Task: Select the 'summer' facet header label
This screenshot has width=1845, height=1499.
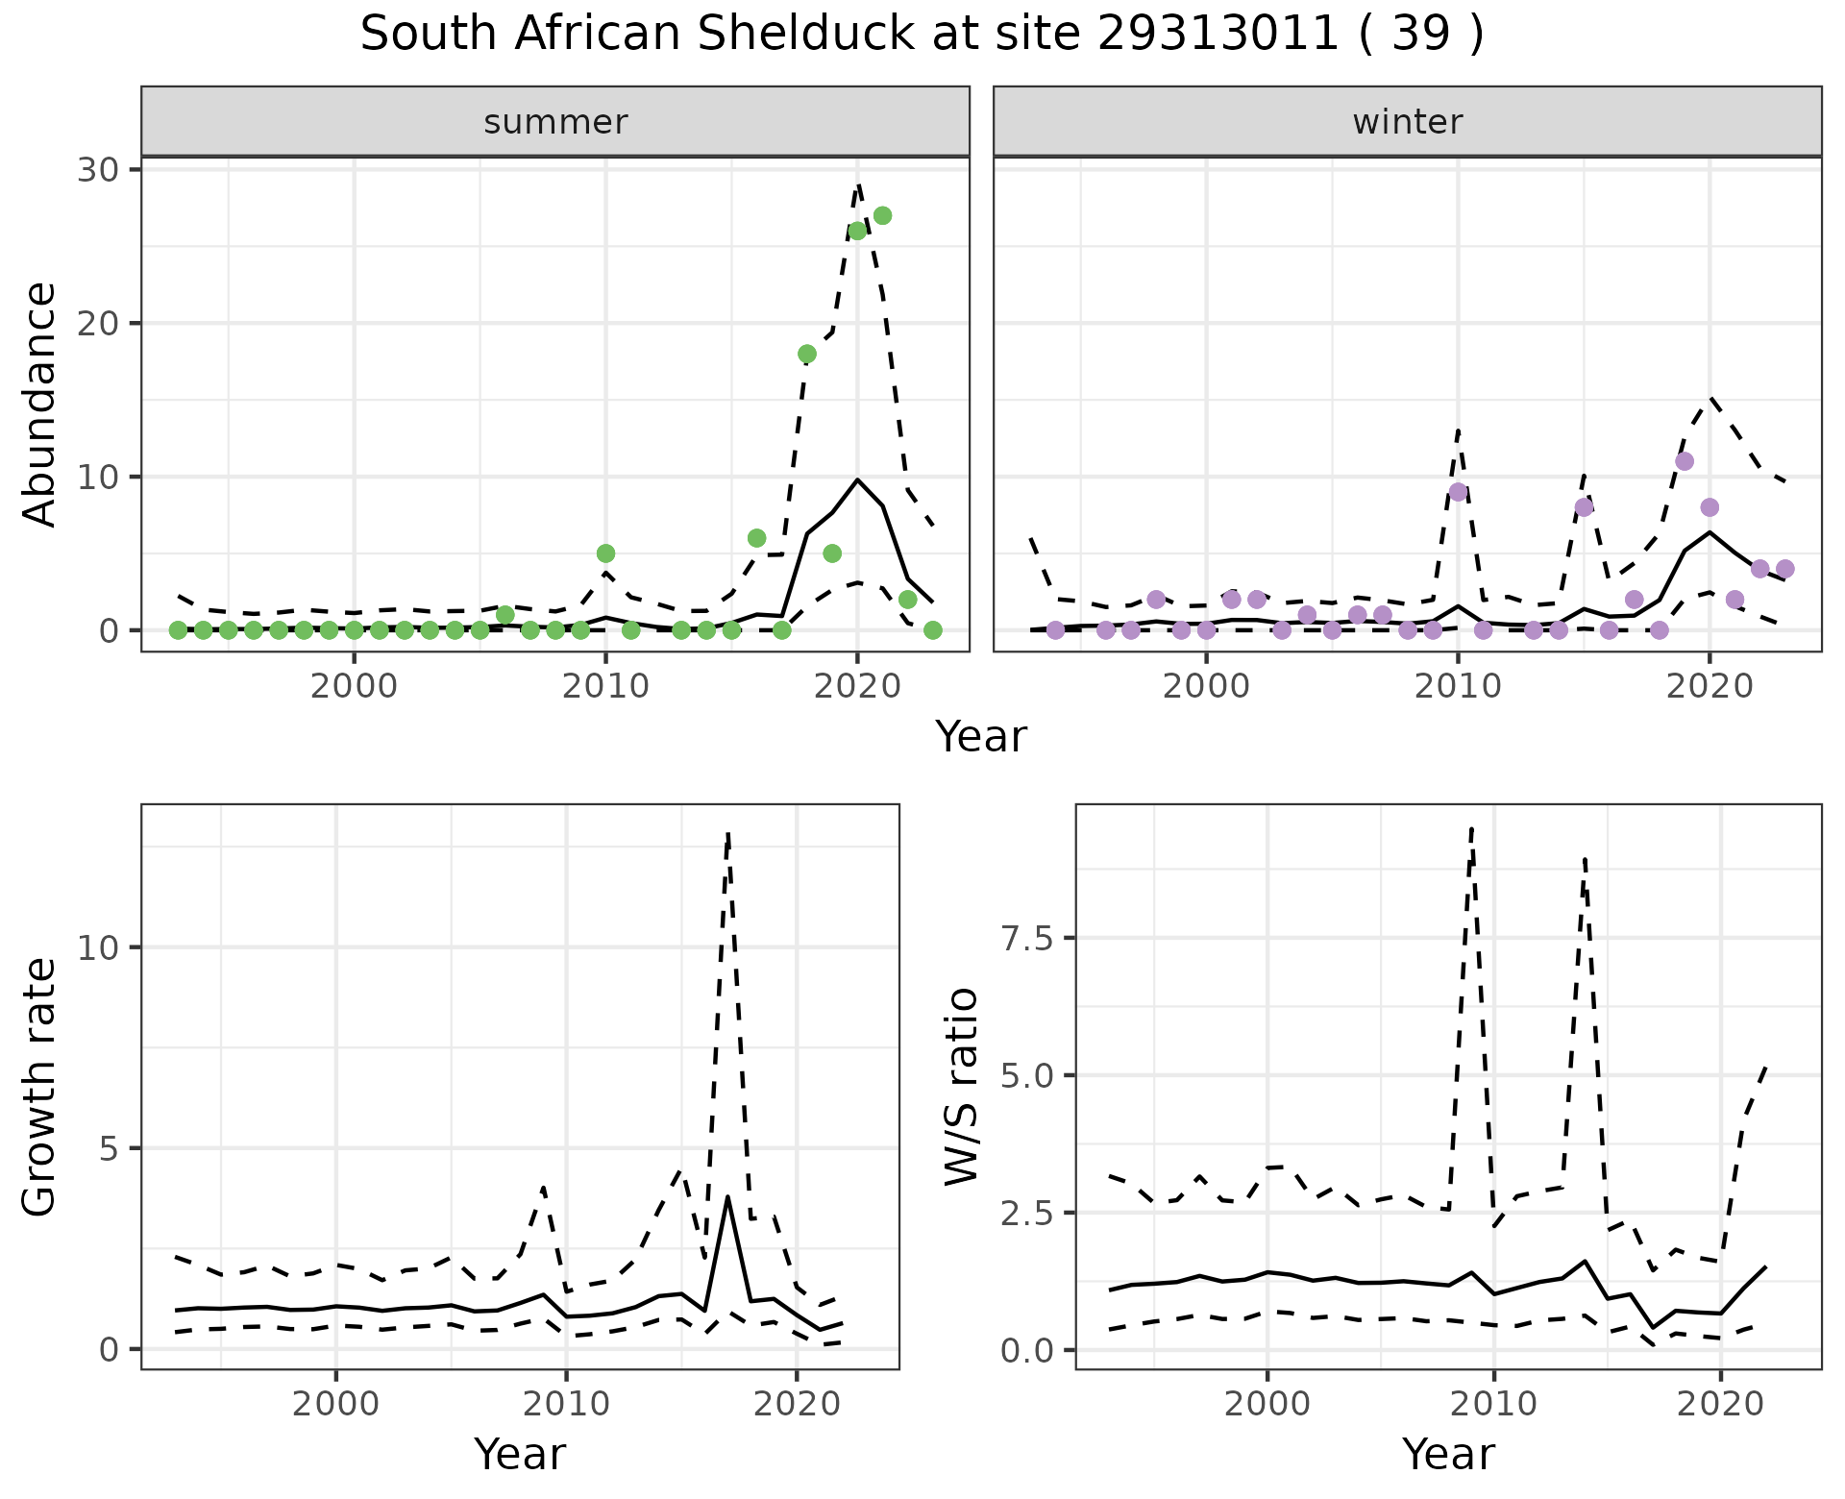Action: [555, 122]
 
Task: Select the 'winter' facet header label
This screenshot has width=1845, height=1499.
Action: [1407, 122]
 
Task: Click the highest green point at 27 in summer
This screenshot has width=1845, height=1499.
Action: [882, 215]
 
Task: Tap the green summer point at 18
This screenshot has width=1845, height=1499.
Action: [807, 354]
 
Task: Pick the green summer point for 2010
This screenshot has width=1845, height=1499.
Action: [605, 553]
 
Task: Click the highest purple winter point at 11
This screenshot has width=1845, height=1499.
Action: [1684, 461]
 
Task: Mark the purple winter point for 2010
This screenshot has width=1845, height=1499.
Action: [1458, 492]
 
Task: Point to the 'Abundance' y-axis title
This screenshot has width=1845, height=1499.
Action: [40, 404]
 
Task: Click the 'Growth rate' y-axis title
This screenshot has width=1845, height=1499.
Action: [40, 1086]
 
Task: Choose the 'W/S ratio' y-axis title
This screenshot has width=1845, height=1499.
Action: [961, 1086]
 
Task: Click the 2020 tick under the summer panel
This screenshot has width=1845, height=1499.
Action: [856, 687]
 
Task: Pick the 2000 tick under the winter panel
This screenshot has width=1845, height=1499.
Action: [1206, 687]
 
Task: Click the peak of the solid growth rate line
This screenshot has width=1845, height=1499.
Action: [728, 1197]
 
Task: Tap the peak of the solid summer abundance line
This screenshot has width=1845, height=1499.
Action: [857, 479]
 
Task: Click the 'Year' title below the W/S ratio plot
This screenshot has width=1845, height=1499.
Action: [1448, 1454]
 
